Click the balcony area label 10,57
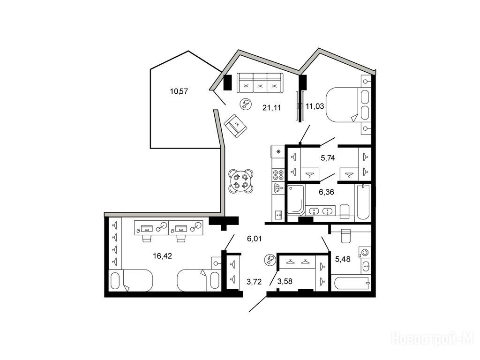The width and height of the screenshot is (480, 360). tap(179, 91)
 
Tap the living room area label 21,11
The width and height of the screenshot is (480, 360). tap(271, 107)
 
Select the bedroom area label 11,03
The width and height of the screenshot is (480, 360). tap(315, 106)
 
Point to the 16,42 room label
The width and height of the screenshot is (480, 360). tap(162, 255)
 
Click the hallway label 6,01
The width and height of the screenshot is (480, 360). tap(255, 239)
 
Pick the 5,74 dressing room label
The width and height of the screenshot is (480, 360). tap(328, 158)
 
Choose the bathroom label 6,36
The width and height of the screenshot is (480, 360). tap(326, 192)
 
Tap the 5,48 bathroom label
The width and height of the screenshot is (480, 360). tap(343, 259)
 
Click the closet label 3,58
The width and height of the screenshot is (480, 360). tap(285, 281)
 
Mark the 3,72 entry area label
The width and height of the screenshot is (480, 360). tap(254, 281)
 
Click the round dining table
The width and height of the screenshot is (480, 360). tap(241, 181)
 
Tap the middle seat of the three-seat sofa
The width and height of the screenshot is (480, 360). tap(260, 83)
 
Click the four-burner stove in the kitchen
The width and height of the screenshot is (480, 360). tap(278, 174)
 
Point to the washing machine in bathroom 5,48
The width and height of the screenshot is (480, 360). tap(366, 252)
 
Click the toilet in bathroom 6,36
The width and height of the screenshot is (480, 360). tap(345, 211)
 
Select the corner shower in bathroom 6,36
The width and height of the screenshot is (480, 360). tap(296, 199)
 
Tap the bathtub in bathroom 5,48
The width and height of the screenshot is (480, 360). tap(352, 283)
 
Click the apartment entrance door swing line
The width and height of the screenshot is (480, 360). tap(258, 304)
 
